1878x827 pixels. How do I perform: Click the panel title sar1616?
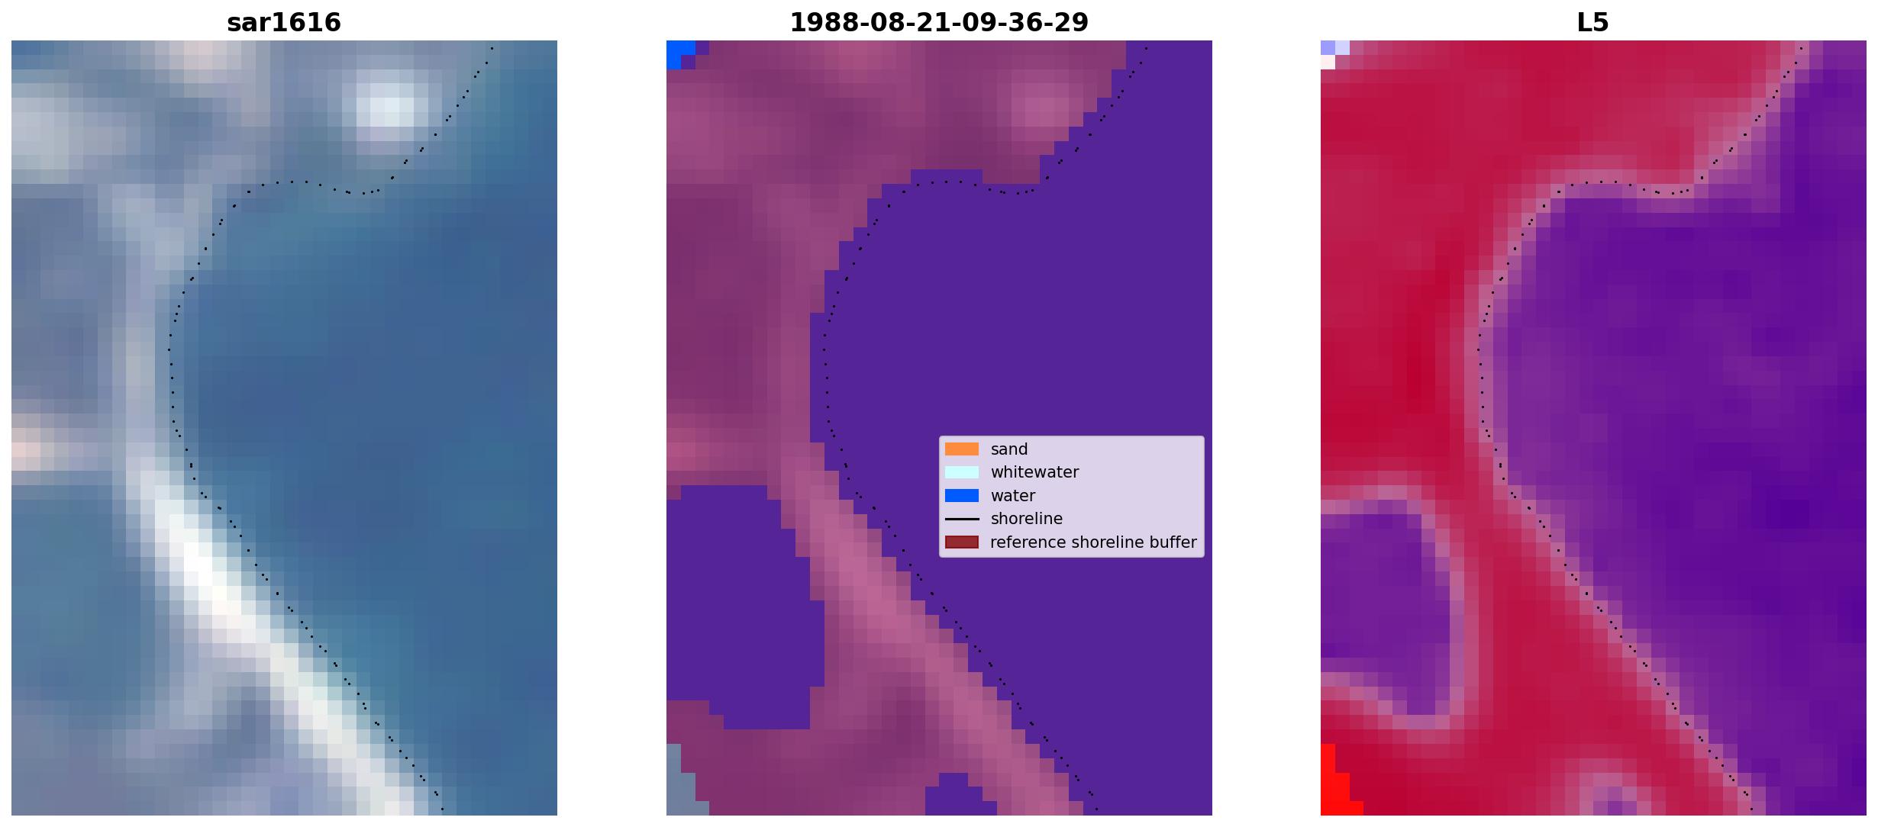click(284, 22)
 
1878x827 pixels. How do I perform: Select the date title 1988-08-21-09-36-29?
click(939, 22)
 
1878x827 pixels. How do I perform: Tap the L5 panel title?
click(1593, 22)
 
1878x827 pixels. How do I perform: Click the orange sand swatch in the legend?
click(962, 449)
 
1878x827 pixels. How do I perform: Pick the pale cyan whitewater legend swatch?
click(962, 472)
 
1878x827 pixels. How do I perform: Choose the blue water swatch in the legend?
click(962, 496)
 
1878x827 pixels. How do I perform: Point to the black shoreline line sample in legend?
click(962, 519)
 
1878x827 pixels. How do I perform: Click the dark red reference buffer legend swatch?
click(962, 542)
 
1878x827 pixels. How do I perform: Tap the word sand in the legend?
click(1009, 449)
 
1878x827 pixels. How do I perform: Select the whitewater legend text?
click(1034, 472)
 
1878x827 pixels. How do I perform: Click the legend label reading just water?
click(1013, 496)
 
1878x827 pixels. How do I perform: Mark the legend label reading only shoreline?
click(1027, 519)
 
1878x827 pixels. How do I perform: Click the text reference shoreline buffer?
click(1093, 542)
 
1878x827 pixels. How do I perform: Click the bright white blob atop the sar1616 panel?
click(389, 105)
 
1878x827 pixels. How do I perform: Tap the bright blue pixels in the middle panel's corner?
click(681, 54)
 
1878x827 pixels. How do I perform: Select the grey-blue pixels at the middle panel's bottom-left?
click(681, 780)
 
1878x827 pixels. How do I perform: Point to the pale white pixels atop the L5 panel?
click(1334, 53)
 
